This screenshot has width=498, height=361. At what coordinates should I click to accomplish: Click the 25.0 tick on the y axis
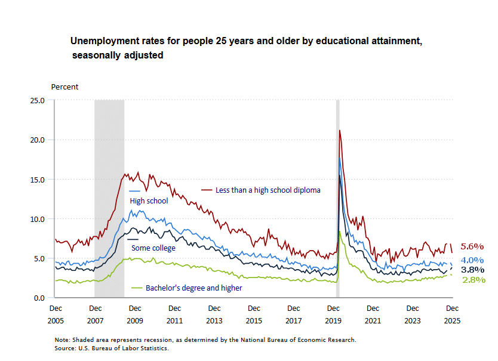37,100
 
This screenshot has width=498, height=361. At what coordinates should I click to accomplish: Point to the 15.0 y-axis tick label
37,179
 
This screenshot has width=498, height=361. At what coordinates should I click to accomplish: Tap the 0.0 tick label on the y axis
39,298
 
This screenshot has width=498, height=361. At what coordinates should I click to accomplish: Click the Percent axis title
64,87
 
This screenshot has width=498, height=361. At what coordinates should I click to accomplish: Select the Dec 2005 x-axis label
55,314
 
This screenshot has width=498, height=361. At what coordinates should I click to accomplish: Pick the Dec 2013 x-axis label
214,314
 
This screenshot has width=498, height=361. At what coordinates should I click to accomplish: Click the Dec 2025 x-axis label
452,314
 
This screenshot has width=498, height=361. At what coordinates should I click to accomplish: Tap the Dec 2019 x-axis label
333,314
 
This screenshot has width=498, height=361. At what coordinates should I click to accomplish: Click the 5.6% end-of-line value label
472,246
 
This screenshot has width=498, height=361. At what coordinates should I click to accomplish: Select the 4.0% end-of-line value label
472,260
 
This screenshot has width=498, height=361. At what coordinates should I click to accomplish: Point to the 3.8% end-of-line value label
472,270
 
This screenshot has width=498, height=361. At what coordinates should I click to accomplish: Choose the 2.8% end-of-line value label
472,279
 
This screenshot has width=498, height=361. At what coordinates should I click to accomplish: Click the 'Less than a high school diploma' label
268,190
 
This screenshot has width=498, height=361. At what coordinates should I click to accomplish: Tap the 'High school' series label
149,201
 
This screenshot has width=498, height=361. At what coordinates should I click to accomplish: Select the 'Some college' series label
153,248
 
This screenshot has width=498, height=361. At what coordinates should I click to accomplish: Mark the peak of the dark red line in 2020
340,130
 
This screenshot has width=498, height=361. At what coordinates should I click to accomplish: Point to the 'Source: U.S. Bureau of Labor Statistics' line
112,348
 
